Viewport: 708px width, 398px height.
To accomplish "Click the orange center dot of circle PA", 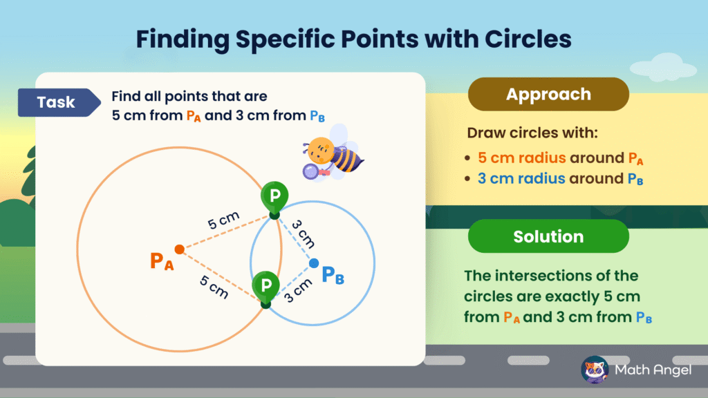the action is (x=179, y=249).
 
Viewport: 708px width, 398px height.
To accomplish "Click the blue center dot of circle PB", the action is (x=314, y=263).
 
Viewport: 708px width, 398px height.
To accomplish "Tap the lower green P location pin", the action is (x=266, y=290).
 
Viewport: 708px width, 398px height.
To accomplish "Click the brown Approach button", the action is (x=548, y=94).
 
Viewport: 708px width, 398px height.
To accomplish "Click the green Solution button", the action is (x=548, y=236).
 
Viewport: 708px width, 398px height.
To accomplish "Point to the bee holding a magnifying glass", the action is (x=332, y=154).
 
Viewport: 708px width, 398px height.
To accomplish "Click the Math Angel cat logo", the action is (x=595, y=370).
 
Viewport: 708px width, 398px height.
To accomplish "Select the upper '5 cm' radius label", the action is (x=223, y=220).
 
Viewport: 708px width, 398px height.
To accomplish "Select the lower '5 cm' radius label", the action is (x=214, y=287).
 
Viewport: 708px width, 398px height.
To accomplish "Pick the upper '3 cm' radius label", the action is (x=303, y=234).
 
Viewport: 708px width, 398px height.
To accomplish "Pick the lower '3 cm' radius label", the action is (x=298, y=290).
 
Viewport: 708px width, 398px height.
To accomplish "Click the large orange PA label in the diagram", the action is (x=162, y=261).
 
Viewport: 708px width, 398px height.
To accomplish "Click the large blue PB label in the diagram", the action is (x=333, y=275).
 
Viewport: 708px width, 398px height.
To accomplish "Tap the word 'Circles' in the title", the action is (x=528, y=39).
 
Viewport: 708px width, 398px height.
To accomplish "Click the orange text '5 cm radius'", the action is (x=521, y=158).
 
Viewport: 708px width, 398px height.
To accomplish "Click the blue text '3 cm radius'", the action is (x=521, y=179).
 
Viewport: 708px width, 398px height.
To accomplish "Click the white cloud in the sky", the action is (x=663, y=67).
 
